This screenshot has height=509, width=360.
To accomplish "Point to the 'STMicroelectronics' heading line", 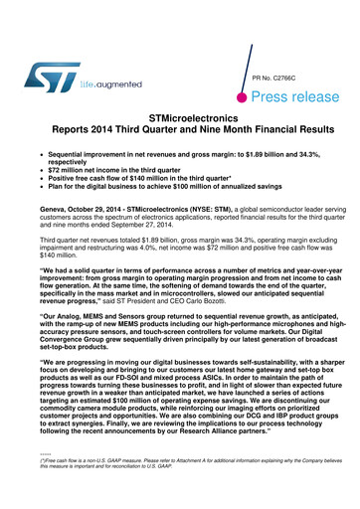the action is point(180,117).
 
